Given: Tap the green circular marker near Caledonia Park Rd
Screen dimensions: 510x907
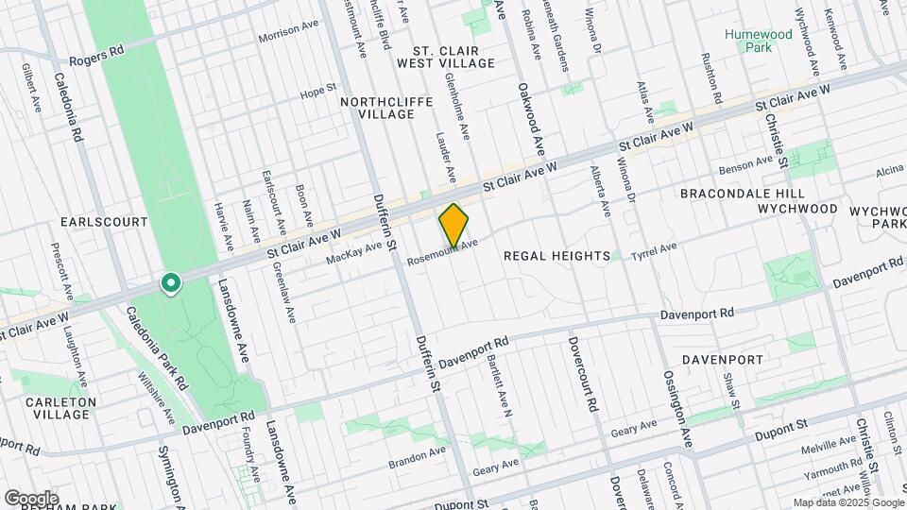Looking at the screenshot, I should [x=171, y=283].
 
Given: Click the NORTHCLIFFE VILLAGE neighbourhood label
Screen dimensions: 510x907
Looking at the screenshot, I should [x=377, y=108].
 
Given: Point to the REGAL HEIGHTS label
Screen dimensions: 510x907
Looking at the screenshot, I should [x=556, y=256].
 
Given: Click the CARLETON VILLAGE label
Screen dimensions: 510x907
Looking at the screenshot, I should [x=61, y=408].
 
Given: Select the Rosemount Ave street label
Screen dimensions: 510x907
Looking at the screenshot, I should [x=437, y=253].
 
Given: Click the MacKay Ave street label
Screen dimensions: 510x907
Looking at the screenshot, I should [x=354, y=252].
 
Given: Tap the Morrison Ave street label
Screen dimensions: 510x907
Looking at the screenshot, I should [x=290, y=31].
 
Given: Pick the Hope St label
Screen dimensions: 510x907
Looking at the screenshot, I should [x=312, y=93].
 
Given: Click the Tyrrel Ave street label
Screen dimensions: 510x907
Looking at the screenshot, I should [x=655, y=250].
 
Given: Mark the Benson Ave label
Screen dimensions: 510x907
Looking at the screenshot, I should [x=746, y=167].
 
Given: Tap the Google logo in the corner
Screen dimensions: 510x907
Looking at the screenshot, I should [x=31, y=498].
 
